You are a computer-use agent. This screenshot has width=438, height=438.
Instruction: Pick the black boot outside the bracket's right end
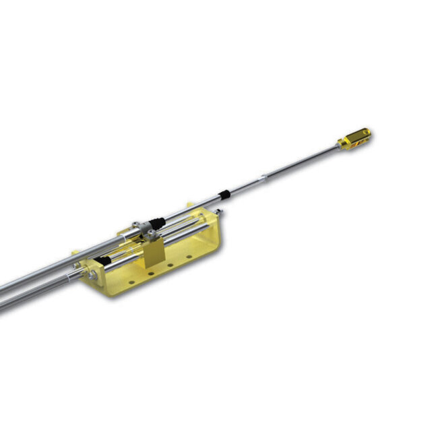click(225, 196)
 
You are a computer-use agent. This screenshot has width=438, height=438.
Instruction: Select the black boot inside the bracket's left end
click(102, 259)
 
